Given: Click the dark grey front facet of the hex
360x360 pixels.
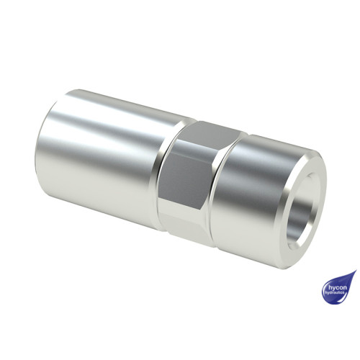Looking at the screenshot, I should pos(189,173).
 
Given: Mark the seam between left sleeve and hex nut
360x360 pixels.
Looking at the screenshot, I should pos(163,173).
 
